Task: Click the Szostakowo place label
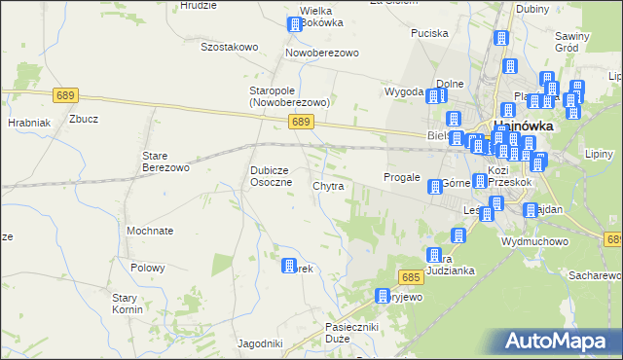[229, 46]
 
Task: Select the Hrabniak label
[29, 124]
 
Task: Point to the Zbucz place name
[84, 120]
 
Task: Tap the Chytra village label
[328, 185]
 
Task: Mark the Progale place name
[401, 178]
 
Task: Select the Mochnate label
[150, 232]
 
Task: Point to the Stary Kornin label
[128, 304]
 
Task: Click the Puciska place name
[429, 33]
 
